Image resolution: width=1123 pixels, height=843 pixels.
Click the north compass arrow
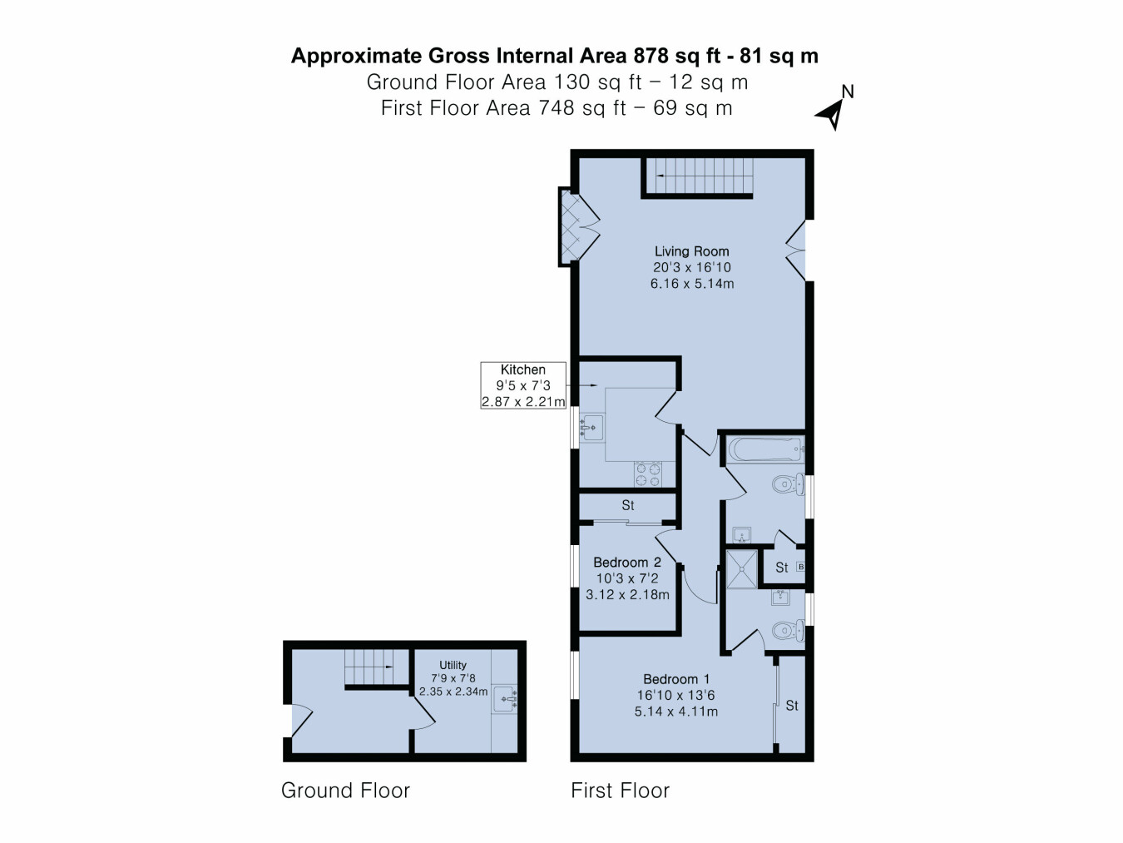tap(831, 115)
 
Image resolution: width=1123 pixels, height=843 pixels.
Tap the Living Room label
tap(692, 251)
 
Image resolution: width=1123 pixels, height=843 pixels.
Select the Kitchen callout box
tap(523, 385)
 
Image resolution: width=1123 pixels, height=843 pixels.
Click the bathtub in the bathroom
tap(765, 449)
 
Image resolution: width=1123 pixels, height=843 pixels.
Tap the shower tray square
tap(741, 568)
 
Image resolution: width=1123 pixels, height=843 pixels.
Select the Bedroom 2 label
tap(627, 562)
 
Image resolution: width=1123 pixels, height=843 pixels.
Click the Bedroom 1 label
tap(676, 679)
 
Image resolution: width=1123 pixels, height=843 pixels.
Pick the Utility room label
tap(453, 665)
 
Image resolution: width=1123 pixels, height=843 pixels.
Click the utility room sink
tap(506, 699)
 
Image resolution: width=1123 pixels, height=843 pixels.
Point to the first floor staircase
tap(698, 176)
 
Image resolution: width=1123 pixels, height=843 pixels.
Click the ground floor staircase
tap(377, 667)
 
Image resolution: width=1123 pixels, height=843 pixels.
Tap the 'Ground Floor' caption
tap(345, 791)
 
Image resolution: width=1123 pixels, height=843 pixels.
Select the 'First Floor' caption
tap(620, 791)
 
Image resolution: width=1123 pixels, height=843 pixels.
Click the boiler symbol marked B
tap(801, 567)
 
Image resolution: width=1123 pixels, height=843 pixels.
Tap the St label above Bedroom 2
tap(628, 505)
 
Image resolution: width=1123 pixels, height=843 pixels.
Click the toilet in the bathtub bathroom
tap(789, 483)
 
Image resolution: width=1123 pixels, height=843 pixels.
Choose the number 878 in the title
tap(651, 55)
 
